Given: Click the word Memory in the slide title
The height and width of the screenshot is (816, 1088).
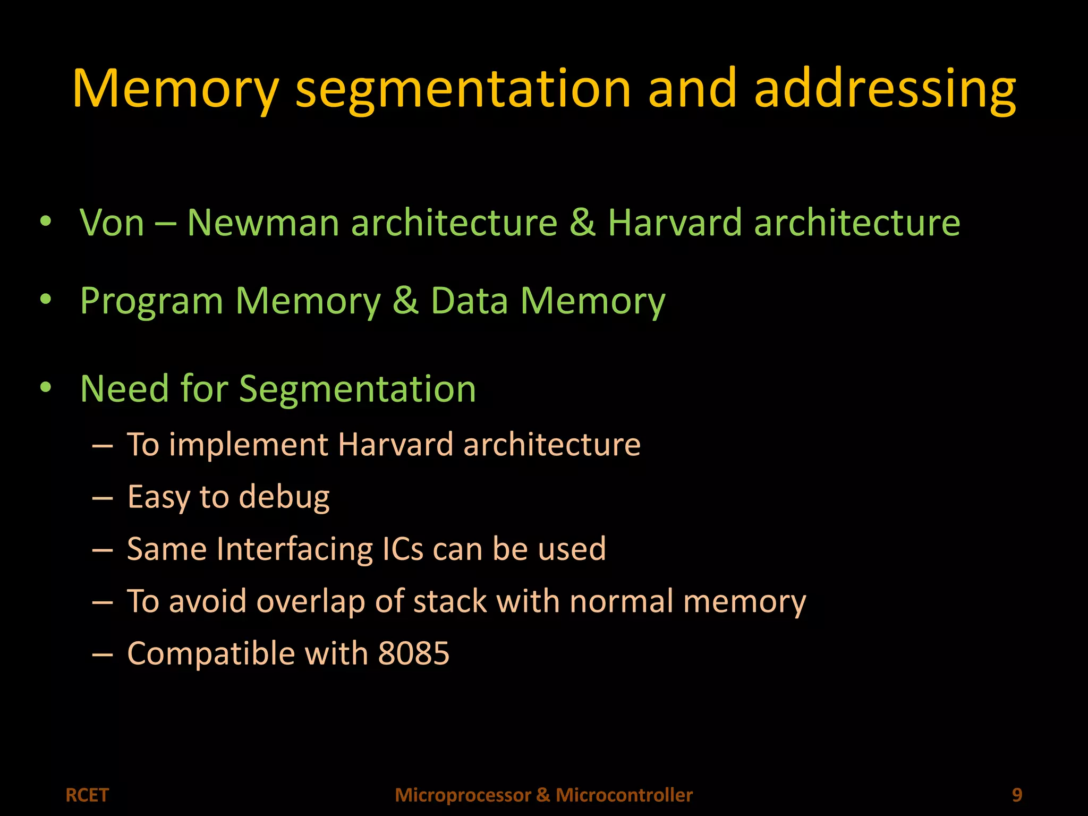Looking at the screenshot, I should pos(175,89).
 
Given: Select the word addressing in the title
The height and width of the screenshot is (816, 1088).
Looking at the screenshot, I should pos(885,89).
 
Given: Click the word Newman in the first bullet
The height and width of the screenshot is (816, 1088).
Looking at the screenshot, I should pos(263,223).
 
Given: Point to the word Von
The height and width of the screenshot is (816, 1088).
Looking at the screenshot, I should pos(112,223).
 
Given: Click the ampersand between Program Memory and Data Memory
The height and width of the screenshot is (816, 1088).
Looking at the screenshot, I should pos(405,301).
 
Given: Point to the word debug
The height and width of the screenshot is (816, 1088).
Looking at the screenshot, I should pos(284,497).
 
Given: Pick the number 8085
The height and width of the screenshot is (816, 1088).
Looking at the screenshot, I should pos(413,653).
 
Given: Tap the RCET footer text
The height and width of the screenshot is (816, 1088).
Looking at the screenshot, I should pos(87,795).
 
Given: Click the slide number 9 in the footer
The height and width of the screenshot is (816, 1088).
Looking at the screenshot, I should pos(1017,795).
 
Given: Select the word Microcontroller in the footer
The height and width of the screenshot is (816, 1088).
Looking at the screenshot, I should pos(624,795).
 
